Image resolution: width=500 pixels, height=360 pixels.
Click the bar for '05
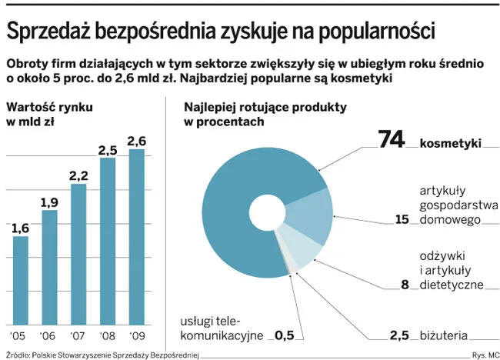21,280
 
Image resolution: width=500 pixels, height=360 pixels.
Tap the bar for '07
78,254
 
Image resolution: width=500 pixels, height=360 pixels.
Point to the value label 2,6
136,141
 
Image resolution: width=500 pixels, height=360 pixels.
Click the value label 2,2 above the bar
78,176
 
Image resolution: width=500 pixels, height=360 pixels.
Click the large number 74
392,140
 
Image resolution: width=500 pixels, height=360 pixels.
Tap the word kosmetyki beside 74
451,143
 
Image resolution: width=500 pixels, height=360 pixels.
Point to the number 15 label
402,219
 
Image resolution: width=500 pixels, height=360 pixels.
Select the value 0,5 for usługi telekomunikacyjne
285,335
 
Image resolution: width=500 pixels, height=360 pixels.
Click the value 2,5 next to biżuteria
398,335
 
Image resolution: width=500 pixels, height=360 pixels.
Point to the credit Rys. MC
482,355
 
